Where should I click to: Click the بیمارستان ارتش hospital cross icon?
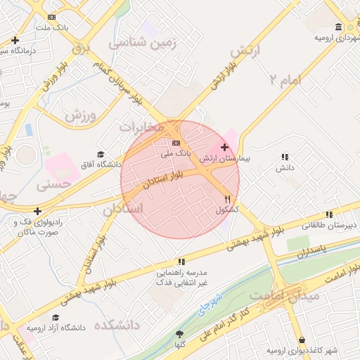[x=224, y=148]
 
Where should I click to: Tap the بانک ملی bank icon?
[x=176, y=143]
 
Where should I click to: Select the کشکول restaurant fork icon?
[x=227, y=199]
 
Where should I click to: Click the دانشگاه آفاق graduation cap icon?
[x=101, y=154]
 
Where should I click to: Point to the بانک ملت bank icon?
[x=51, y=17]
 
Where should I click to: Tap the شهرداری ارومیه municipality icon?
[x=339, y=27]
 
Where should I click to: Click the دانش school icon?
[x=284, y=157]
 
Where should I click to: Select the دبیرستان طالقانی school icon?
[x=328, y=215]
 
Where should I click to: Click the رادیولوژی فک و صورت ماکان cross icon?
[x=37, y=210]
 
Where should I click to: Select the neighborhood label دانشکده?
[x=122, y=325]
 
